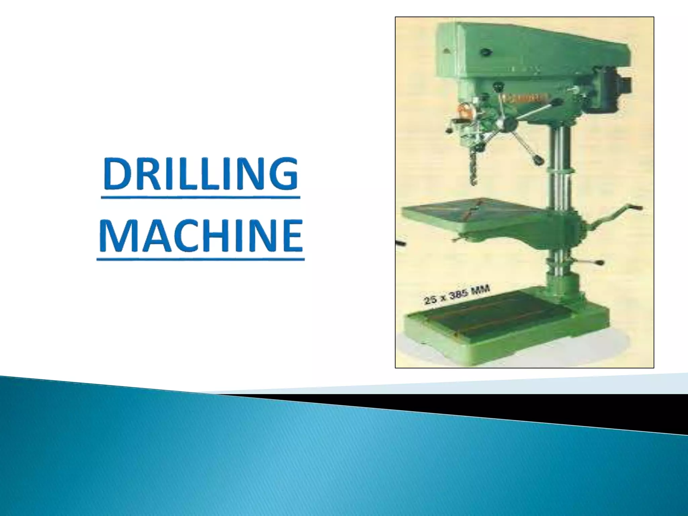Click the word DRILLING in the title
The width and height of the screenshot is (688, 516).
pyautogui.click(x=200, y=174)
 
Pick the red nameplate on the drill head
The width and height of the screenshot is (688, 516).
pyautogui.click(x=524, y=99)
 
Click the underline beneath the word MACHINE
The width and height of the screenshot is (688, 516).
pyautogui.click(x=201, y=259)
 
